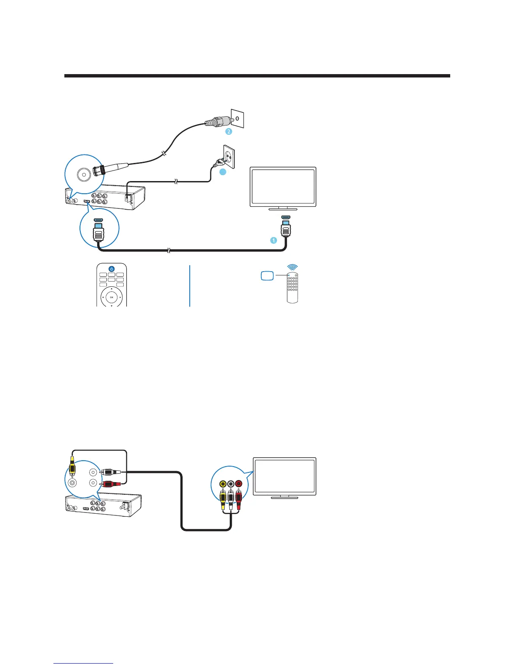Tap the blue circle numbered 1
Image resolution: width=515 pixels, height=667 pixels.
coord(273,240)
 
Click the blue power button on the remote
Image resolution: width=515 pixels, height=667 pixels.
coord(111,269)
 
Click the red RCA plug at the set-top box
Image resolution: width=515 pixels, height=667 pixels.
coord(110,484)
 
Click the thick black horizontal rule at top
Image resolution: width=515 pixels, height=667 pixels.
coord(257,76)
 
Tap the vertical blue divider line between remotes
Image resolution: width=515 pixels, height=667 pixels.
coord(190,285)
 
